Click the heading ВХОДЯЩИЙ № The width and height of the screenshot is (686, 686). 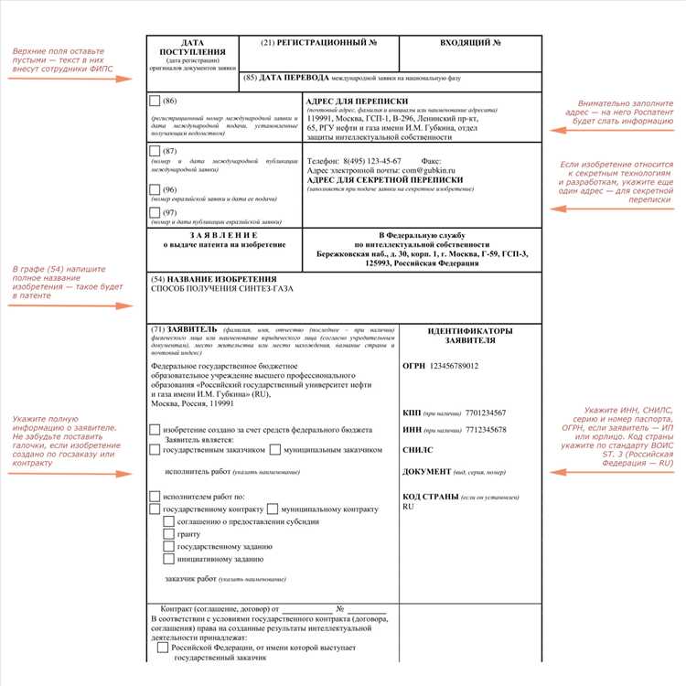click(x=470, y=43)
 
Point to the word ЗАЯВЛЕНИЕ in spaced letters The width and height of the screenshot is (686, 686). click(x=224, y=235)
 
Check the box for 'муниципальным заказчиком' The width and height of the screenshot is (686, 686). click(x=275, y=449)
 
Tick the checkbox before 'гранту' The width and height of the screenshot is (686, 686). click(x=168, y=533)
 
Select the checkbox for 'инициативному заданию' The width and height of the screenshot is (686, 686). click(x=168, y=558)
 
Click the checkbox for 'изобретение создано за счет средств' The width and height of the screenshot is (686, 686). click(x=155, y=429)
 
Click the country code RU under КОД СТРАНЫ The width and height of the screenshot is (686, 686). click(x=409, y=507)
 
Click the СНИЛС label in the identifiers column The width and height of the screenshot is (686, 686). click(x=418, y=450)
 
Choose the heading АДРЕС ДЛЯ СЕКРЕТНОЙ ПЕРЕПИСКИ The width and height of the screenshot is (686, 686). click(x=385, y=180)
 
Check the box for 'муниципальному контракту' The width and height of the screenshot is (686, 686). click(x=273, y=509)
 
